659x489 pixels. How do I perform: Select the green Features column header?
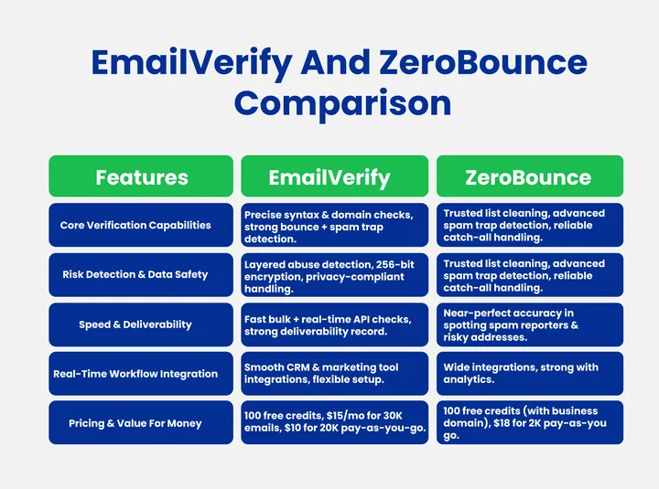pyautogui.click(x=142, y=176)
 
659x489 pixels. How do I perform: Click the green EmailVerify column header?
pyautogui.click(x=334, y=176)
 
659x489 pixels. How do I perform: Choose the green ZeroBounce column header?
pyautogui.click(x=529, y=176)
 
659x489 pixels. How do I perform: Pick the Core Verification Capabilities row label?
pyautogui.click(x=142, y=225)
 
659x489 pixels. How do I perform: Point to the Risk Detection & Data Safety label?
pyautogui.click(x=142, y=274)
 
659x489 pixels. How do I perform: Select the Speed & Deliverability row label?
pyautogui.click(x=142, y=324)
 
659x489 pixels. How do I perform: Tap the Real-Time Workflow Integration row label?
pyautogui.click(x=142, y=373)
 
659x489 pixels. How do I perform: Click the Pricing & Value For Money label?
pyautogui.click(x=142, y=423)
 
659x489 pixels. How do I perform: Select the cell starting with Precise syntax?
pyautogui.click(x=334, y=226)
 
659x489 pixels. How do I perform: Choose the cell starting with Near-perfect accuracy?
pyautogui.click(x=529, y=324)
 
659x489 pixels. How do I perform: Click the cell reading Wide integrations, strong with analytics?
pyautogui.click(x=529, y=374)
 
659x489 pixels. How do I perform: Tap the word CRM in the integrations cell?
pyautogui.click(x=301, y=367)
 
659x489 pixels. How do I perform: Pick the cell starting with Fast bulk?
pyautogui.click(x=334, y=324)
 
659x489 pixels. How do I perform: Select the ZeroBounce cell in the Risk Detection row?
pyautogui.click(x=529, y=275)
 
